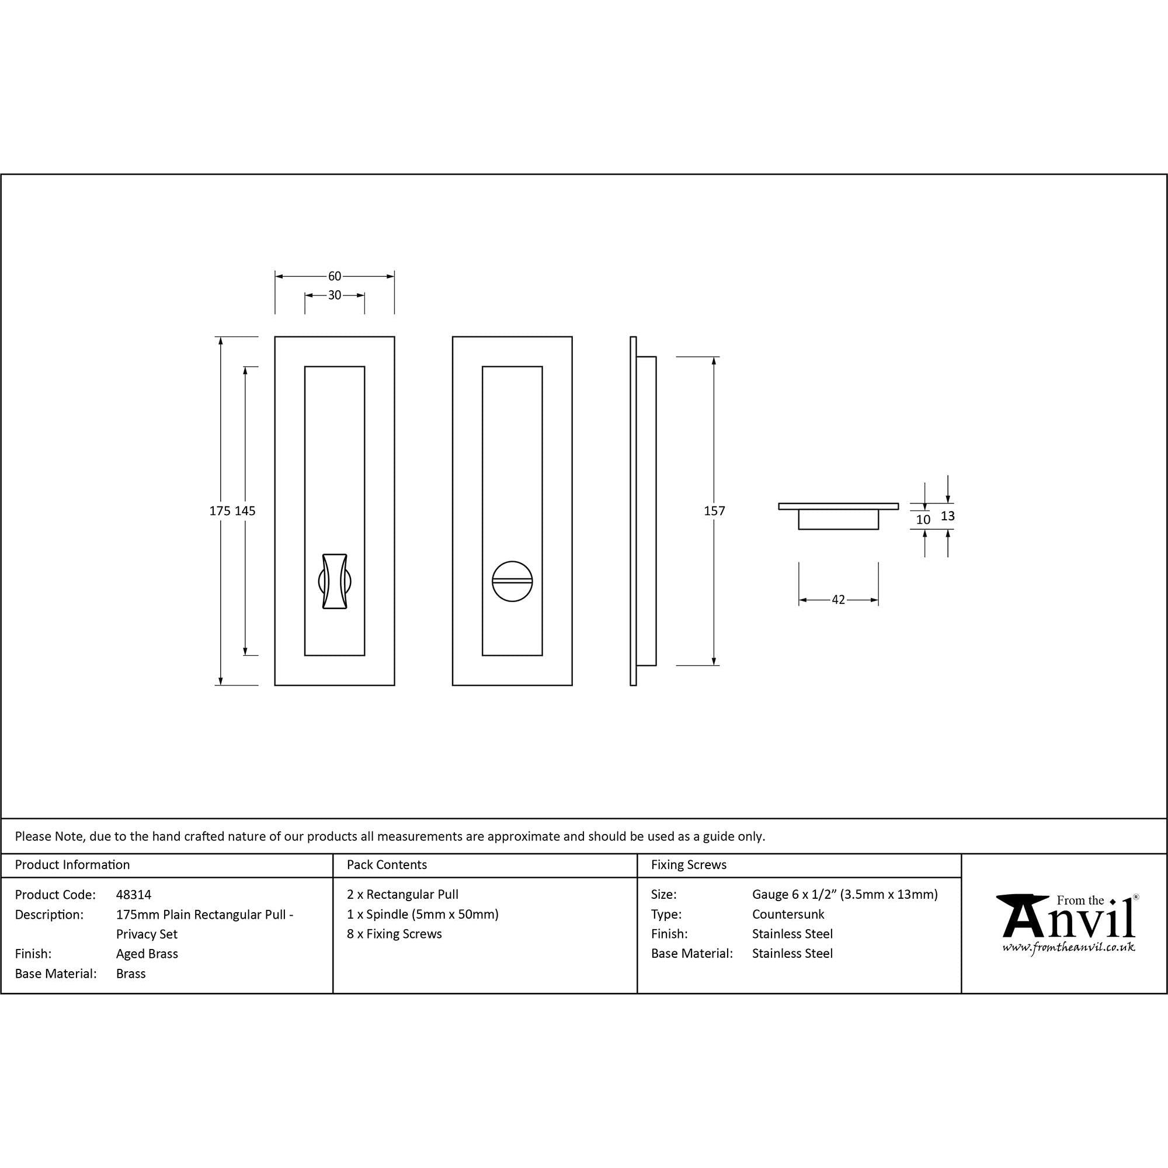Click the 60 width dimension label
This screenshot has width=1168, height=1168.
click(334, 276)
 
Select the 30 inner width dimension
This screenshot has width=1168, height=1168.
click(334, 295)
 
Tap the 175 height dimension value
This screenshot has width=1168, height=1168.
click(220, 511)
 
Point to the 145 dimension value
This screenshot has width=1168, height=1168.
click(245, 511)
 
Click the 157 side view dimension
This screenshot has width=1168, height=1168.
click(714, 511)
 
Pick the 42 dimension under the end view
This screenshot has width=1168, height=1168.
click(838, 600)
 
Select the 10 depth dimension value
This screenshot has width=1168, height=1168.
click(923, 519)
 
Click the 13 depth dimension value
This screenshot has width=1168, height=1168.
click(947, 516)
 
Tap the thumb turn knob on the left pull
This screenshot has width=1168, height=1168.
click(334, 580)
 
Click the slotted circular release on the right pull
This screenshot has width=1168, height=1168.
click(512, 580)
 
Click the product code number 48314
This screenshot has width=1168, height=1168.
click(134, 895)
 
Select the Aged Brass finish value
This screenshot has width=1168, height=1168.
click(147, 954)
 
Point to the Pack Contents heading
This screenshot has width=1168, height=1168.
click(387, 865)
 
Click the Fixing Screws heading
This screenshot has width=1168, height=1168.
click(689, 865)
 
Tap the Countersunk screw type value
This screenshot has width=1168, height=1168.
click(788, 915)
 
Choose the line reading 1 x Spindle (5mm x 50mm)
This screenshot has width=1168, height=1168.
click(423, 915)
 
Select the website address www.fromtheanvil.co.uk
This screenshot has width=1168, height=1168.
click(1068, 947)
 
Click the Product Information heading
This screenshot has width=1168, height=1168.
click(72, 865)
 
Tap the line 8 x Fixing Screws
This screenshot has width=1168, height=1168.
click(394, 934)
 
